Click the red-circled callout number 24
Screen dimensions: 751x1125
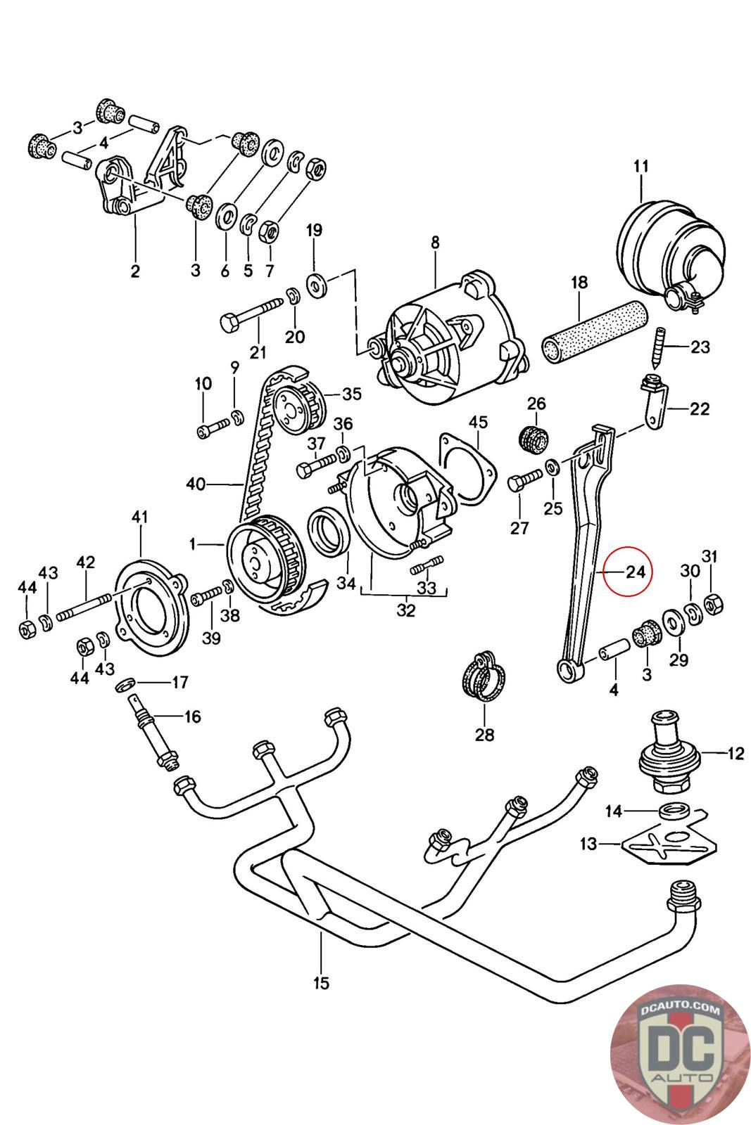click(x=636, y=572)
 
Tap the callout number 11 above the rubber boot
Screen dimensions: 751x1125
click(x=641, y=166)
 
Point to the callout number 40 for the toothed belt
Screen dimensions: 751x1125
click(x=196, y=484)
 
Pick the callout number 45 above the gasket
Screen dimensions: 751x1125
click(x=478, y=422)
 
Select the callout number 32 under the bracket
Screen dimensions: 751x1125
click(x=406, y=610)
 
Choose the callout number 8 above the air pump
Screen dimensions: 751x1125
click(x=435, y=243)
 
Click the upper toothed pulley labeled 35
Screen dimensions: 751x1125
click(x=294, y=404)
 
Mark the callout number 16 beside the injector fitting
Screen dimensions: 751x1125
click(x=193, y=716)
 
